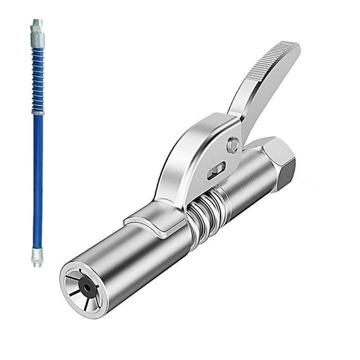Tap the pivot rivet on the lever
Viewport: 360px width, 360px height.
click(233, 146)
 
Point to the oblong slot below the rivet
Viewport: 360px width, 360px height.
click(216, 170)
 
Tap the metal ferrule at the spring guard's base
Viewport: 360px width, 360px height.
click(37, 111)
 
